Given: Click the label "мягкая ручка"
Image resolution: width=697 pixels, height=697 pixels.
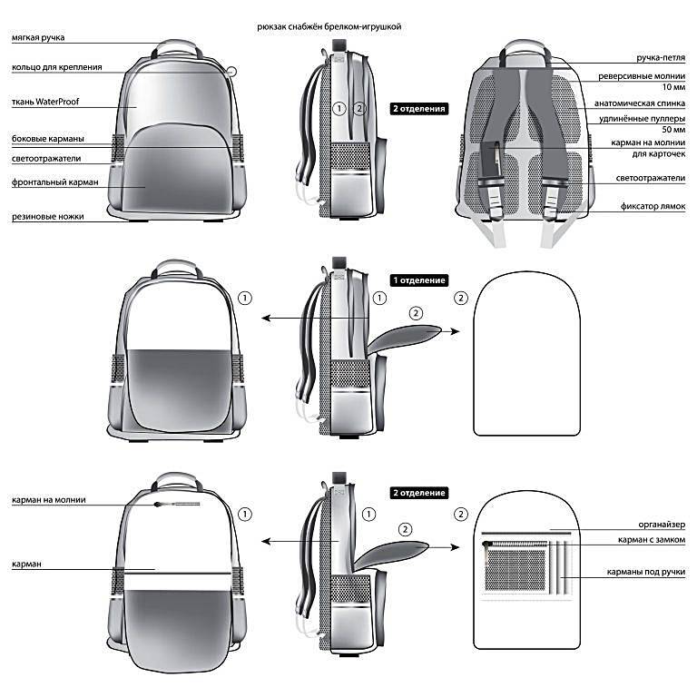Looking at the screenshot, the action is pos(38,38).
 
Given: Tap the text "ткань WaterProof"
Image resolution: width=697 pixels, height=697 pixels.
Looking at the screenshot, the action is pos(45,102).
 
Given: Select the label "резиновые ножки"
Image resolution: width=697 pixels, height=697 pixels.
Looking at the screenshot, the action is pos(48,217).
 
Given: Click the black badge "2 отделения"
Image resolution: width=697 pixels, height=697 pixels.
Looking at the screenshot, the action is pos(419,109).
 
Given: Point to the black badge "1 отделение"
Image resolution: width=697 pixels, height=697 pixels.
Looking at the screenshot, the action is pos(419,280).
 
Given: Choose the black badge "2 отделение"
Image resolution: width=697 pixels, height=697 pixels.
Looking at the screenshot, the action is pos(419,493).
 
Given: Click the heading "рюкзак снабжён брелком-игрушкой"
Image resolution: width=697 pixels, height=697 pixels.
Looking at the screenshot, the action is pos(329,26).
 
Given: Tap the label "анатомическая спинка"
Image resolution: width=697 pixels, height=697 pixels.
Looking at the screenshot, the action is pos(640,103).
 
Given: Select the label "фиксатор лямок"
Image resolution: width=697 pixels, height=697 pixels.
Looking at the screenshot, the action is pos(653,206).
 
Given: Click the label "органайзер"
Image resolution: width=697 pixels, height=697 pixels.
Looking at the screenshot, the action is pos(662,525).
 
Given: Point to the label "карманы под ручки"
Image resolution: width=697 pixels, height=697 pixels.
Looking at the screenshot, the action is pos(646,572).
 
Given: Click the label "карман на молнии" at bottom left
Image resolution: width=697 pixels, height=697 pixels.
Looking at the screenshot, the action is pos(49,500).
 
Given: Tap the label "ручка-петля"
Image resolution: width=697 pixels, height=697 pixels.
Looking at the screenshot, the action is pos(661,58).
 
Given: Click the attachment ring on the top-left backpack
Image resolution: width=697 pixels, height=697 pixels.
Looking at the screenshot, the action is pos(231,71).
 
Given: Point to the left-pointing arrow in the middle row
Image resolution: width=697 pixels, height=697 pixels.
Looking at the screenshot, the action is pos(315,319).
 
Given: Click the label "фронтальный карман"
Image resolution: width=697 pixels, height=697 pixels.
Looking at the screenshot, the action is pos(55,182).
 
